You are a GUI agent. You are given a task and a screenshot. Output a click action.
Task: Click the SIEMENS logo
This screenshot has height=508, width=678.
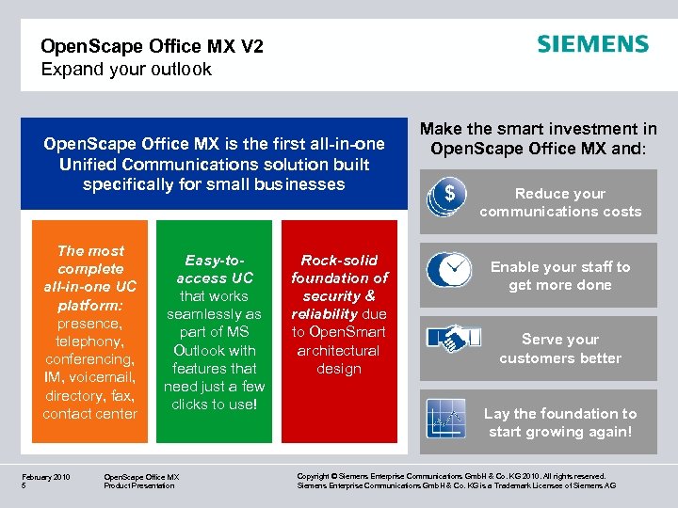point(592,44)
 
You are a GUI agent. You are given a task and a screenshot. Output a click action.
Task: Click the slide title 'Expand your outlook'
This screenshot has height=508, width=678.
point(126,70)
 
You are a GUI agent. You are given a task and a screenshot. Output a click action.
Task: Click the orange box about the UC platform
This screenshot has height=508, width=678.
point(90,330)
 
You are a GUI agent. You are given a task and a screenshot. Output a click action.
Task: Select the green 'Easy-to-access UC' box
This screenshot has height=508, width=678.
point(214,330)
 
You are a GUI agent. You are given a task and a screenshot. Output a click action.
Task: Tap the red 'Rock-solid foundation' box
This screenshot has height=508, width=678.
point(339,330)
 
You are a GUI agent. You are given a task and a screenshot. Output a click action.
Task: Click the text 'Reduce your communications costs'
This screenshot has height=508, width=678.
point(560,202)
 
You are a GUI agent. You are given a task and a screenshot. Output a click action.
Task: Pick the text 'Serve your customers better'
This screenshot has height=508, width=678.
point(560,349)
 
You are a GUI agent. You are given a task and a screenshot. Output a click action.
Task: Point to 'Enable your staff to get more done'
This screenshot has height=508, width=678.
point(560,276)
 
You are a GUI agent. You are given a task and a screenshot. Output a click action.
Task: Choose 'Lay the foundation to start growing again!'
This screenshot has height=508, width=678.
point(560,422)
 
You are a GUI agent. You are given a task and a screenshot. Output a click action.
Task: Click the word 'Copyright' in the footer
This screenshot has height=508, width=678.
point(315,477)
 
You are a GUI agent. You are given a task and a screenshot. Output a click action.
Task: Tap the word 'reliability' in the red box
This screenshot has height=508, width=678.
point(323,314)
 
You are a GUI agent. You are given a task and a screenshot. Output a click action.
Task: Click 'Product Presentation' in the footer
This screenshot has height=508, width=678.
point(139,485)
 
